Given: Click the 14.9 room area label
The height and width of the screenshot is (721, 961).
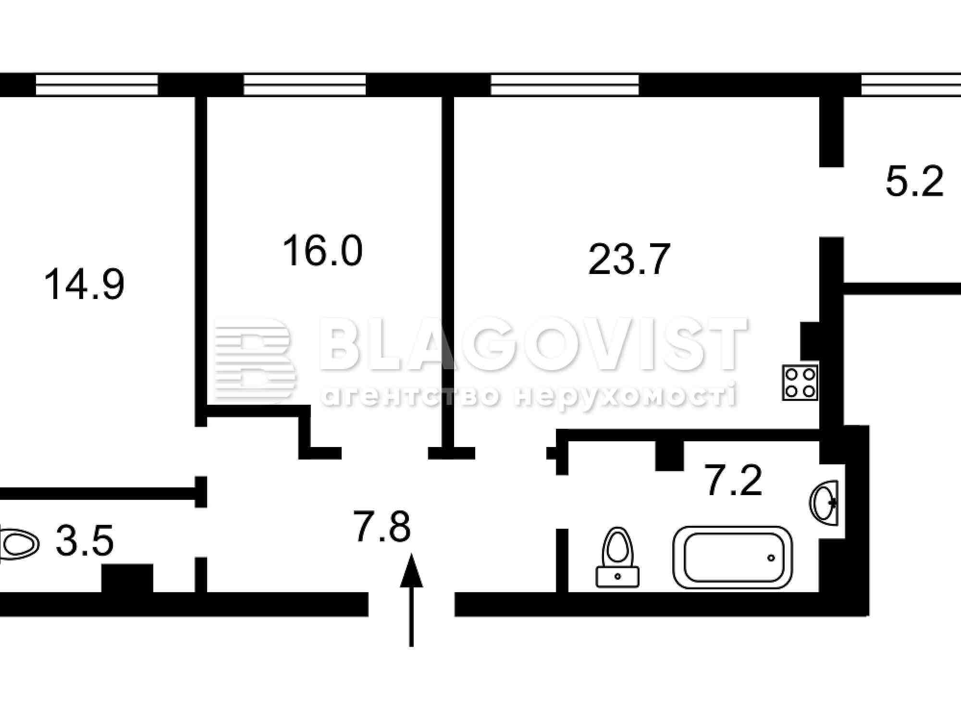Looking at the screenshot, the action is point(84,285).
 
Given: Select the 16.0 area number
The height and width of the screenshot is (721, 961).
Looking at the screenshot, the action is point(322,250).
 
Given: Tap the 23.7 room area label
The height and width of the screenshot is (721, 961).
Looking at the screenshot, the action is point(629,260).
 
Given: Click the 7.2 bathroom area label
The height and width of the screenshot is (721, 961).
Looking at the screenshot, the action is point(733,480).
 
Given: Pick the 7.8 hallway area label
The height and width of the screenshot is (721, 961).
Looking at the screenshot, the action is point(382,526).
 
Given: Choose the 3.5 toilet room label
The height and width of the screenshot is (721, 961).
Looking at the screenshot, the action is point(85,541).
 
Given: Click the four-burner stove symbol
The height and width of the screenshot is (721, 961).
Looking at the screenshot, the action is point(800,383).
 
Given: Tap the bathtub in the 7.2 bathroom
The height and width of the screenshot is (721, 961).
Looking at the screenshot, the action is point(733,557).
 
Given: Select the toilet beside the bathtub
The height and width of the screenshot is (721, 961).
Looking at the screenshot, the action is point(618,558).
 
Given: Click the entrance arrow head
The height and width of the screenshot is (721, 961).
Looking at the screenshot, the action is point(411,571).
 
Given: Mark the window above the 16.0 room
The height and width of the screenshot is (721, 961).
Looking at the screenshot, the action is point(305,85).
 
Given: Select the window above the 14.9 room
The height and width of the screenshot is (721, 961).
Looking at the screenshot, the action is point(97,85).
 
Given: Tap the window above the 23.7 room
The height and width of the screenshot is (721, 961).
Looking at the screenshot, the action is point(565,85).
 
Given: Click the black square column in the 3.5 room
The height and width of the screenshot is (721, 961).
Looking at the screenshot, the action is point(127,579).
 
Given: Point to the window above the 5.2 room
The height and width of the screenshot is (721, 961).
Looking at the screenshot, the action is point(911,85).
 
